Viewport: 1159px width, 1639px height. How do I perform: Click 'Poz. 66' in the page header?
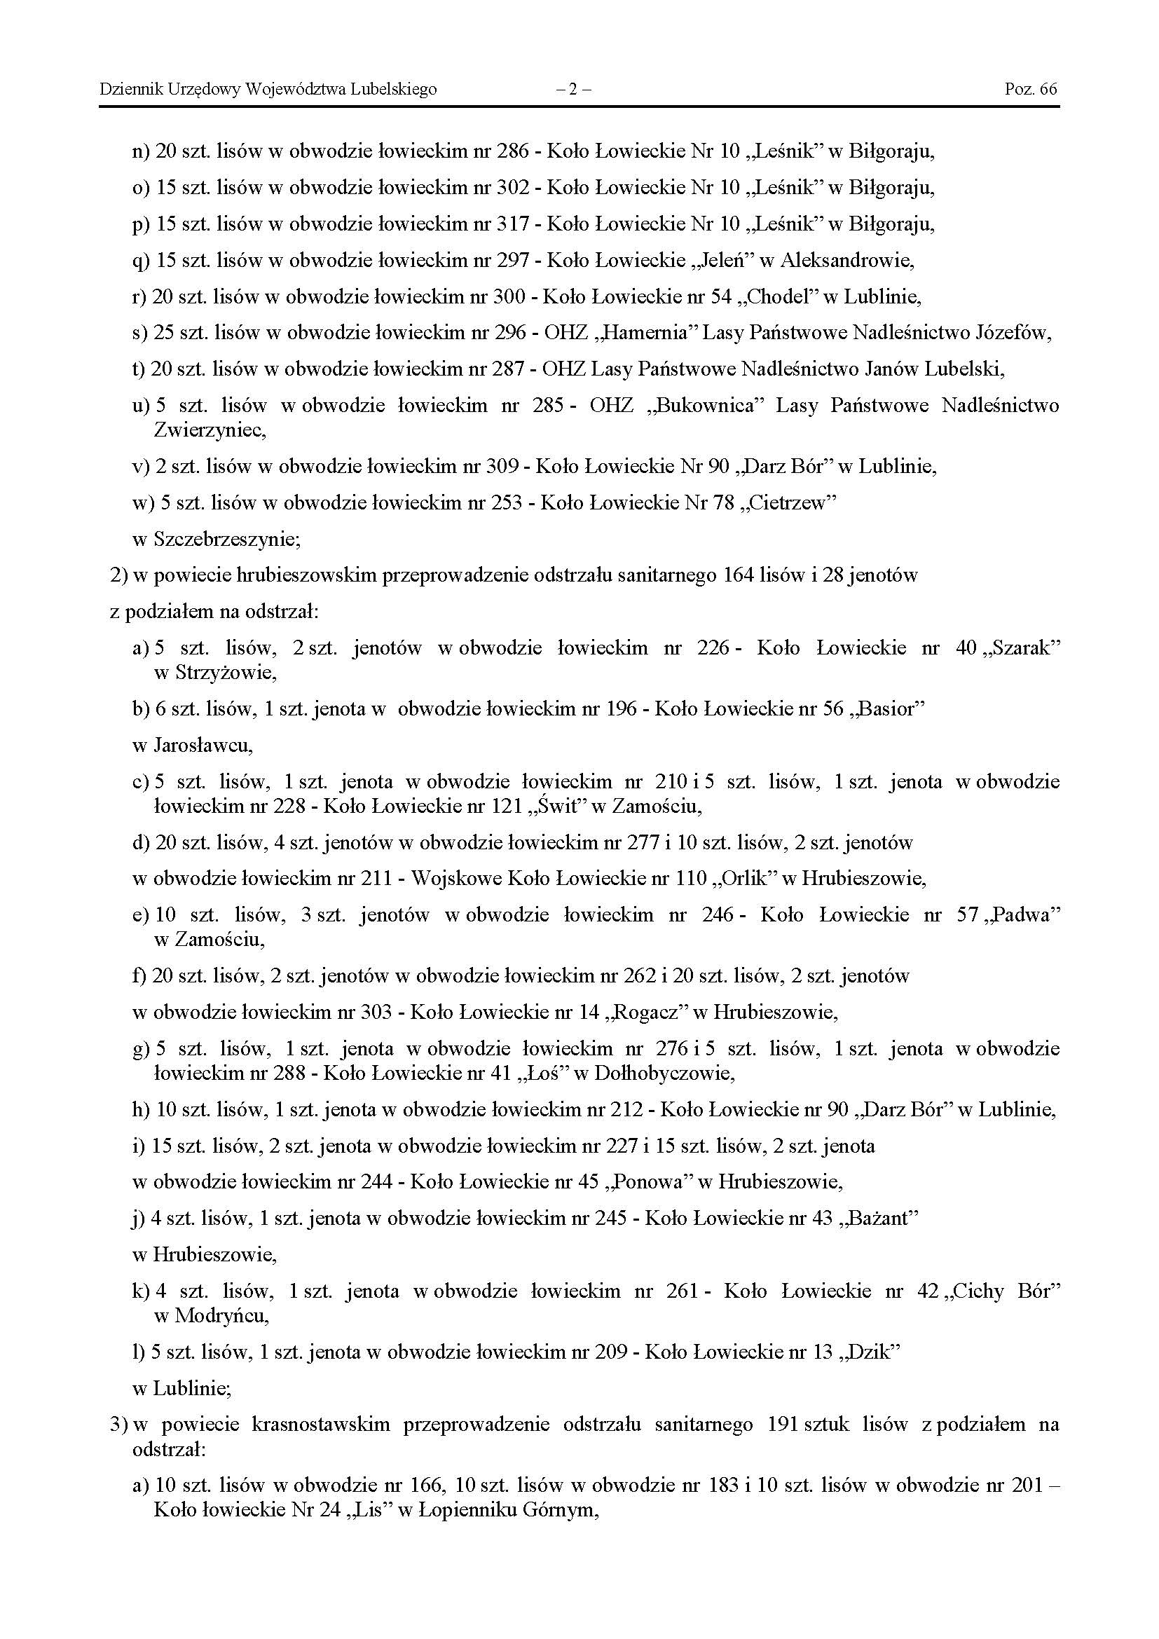[x=1031, y=89]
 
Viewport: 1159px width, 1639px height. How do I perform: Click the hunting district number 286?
[x=513, y=151]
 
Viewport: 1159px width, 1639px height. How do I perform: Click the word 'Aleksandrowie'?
[x=846, y=260]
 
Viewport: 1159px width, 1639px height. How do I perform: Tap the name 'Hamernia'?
[x=656, y=333]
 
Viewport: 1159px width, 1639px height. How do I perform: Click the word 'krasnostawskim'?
[x=320, y=1424]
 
